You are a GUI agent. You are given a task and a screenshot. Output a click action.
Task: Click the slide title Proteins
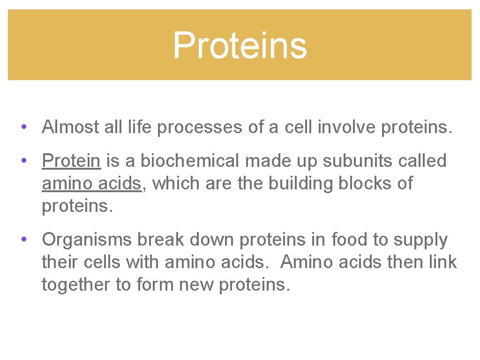pos(240,45)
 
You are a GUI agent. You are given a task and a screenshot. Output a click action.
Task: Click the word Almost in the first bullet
pos(70,127)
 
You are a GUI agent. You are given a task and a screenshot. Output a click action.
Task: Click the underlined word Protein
pos(71,161)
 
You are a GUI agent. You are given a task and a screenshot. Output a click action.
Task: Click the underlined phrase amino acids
pos(91,183)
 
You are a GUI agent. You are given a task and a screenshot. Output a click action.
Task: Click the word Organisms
pos(87,240)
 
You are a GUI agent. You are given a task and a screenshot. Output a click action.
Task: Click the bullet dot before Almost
pos(23,127)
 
